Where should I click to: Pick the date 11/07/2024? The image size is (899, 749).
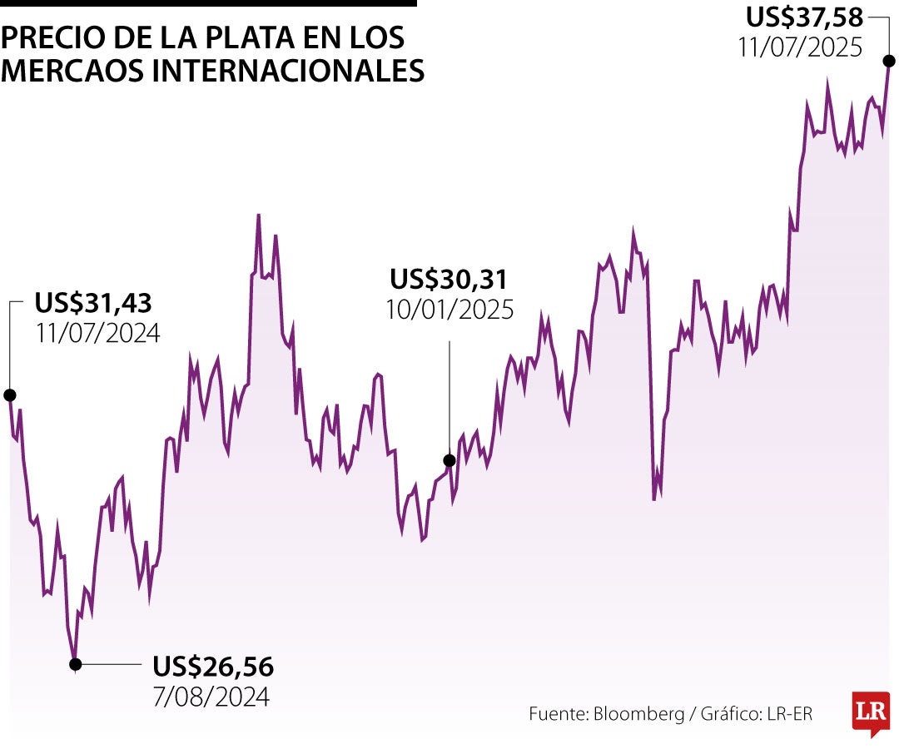[x=97, y=333]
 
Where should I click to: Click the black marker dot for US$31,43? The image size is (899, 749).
[x=9, y=394]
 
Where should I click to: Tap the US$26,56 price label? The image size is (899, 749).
[x=213, y=667]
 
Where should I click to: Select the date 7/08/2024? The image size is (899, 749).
[x=211, y=696]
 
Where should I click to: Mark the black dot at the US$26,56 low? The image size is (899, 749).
[x=76, y=664]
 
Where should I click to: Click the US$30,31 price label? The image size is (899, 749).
[x=449, y=279]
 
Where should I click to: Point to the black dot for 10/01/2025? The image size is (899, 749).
[x=449, y=460]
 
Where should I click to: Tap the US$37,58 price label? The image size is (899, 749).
[x=804, y=17]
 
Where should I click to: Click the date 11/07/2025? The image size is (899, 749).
[x=800, y=47]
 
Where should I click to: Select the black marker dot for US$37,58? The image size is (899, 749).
[x=889, y=61]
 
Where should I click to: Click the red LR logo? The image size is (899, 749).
[x=871, y=712]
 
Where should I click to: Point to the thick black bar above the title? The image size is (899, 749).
[x=208, y=3]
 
